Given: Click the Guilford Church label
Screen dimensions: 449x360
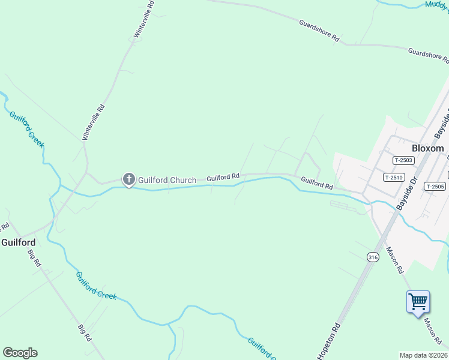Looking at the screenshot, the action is click(x=167, y=180).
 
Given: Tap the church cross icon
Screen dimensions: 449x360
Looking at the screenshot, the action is click(x=128, y=179).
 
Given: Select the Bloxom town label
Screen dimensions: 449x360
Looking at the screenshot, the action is click(x=428, y=148).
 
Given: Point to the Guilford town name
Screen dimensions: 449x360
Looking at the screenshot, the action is click(x=18, y=242).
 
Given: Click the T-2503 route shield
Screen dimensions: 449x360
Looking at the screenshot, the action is click(x=403, y=160).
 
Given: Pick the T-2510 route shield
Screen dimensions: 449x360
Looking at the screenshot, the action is click(x=393, y=177).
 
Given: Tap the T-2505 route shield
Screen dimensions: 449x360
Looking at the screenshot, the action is click(x=435, y=186).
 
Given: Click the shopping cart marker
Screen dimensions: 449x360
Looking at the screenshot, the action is click(x=418, y=301).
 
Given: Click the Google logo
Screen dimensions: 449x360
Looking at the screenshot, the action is click(x=20, y=353).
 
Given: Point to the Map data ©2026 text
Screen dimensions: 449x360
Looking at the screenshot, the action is click(x=424, y=355).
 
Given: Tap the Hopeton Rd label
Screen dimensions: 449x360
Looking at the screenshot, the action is click(x=329, y=343).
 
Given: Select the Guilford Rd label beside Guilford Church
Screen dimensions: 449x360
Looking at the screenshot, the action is click(x=223, y=178).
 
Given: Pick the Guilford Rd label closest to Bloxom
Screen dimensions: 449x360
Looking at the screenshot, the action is click(x=317, y=182).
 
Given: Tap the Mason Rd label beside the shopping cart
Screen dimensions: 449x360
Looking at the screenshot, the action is click(x=433, y=328).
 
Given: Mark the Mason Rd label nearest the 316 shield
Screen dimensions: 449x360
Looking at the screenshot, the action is click(x=394, y=259).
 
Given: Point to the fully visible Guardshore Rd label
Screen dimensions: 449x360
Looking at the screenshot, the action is click(x=319, y=31).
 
